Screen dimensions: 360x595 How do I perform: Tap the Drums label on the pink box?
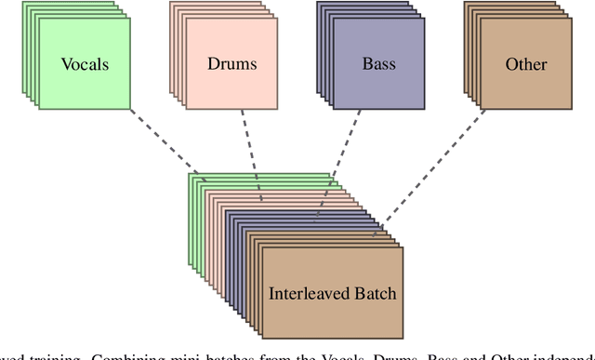pyautogui.click(x=231, y=64)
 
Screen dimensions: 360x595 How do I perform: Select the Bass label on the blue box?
pyautogui.click(x=378, y=64)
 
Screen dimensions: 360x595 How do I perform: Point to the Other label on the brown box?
pyautogui.click(x=525, y=64)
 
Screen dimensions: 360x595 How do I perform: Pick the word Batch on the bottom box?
pyautogui.click(x=374, y=293)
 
